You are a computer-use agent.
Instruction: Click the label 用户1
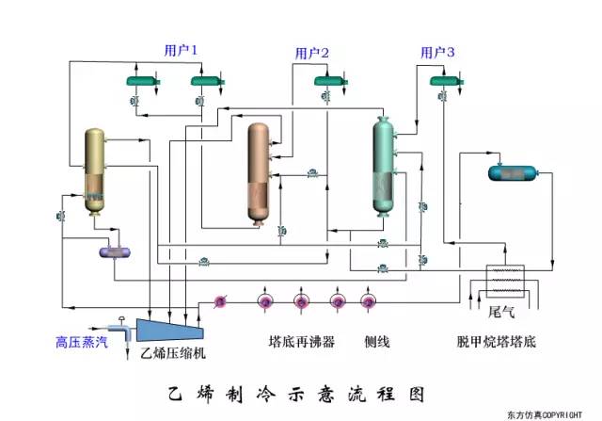click(x=182, y=48)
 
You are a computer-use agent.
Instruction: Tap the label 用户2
click(x=311, y=54)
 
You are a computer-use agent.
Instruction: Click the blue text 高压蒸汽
click(x=81, y=343)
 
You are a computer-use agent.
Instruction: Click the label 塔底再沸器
click(x=301, y=343)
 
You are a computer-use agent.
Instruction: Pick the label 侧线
click(x=377, y=343)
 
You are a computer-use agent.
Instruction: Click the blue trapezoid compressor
click(x=171, y=329)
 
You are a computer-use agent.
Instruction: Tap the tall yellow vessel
click(x=95, y=170)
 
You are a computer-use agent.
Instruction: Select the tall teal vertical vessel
click(x=383, y=166)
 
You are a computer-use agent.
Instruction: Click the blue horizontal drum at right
click(x=512, y=172)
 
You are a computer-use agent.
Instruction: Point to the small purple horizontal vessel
click(x=117, y=251)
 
